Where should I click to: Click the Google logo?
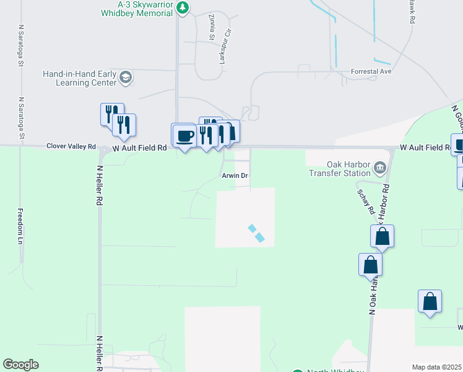(20, 365)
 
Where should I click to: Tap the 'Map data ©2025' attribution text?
(436, 367)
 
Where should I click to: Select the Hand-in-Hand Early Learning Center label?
(79, 77)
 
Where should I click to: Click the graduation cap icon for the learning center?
(126, 77)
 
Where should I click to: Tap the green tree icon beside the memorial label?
(183, 7)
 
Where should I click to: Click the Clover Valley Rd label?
(71, 147)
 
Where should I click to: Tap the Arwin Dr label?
(235, 175)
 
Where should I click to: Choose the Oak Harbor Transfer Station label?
(340, 169)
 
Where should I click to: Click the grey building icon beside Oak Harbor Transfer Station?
(380, 167)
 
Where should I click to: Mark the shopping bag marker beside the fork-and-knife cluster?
(232, 131)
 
